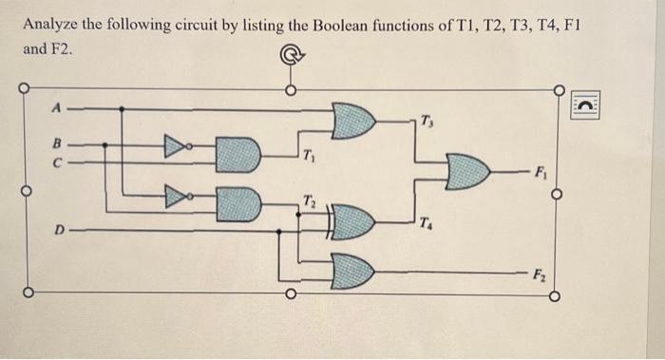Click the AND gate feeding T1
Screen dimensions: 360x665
[x=238, y=154]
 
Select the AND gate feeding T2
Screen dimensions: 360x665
[x=238, y=201]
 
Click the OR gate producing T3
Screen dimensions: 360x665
[x=354, y=121]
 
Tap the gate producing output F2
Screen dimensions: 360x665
[x=352, y=271]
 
